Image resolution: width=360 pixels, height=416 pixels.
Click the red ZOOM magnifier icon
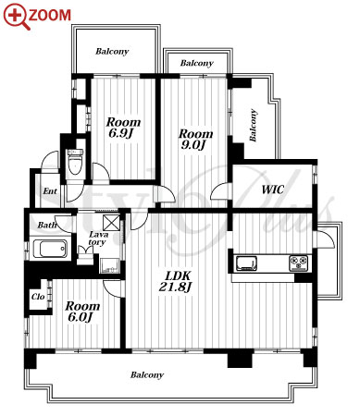click(17, 16)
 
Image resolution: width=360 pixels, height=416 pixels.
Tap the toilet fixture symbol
click(75, 162)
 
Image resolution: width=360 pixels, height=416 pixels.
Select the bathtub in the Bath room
click(49, 249)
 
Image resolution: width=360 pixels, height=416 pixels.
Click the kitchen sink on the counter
click(246, 263)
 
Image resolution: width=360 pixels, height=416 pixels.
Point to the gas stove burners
click(298, 263)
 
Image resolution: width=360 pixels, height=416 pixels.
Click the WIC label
click(272, 190)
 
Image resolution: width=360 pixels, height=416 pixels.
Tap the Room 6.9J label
click(123, 128)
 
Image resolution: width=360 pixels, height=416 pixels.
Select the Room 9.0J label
click(196, 139)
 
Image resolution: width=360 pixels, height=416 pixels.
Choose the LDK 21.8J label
click(175, 281)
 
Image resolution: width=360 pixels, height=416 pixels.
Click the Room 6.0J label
click(82, 312)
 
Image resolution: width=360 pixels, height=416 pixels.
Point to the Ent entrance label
click(50, 191)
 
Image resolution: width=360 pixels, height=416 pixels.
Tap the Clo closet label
click(38, 297)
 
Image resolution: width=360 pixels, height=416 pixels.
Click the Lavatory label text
click(98, 239)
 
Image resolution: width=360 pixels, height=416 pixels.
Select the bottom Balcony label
click(147, 375)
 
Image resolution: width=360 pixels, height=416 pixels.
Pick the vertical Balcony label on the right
click(253, 125)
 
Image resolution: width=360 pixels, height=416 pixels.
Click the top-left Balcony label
click(112, 51)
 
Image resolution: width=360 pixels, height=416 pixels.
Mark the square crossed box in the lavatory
click(111, 223)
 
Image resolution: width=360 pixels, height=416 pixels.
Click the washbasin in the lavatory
click(109, 265)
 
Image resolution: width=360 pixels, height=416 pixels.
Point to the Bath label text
click(47, 225)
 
